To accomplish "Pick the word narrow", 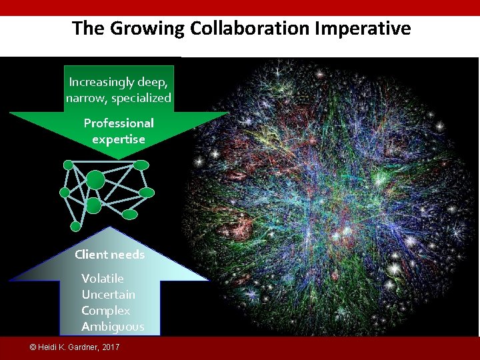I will (87, 98).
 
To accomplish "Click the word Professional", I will (119, 123).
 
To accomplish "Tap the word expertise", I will (119, 139).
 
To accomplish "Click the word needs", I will (128, 254).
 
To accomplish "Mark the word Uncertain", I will (108, 294).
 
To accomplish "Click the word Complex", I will (105, 310).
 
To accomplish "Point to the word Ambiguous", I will (112, 326).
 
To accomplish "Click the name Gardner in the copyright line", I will (83, 348).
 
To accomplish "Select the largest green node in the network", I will (96, 180).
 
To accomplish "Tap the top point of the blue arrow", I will (109, 228).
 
